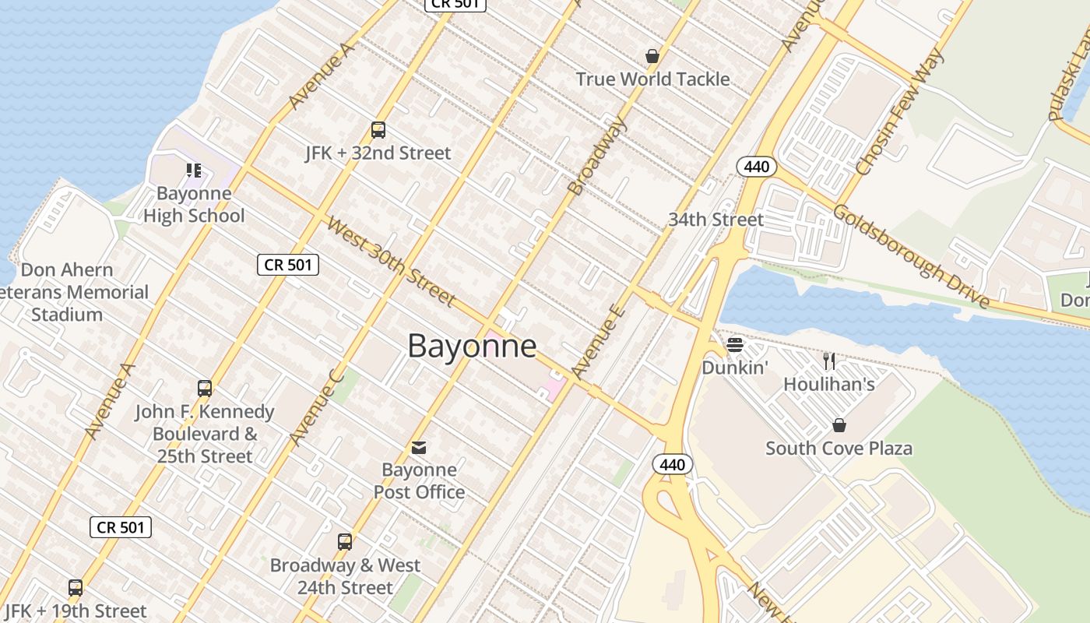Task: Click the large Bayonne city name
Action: click(x=472, y=346)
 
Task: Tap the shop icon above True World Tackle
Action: click(x=652, y=56)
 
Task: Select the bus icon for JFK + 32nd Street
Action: click(x=378, y=130)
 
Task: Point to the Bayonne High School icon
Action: click(x=194, y=170)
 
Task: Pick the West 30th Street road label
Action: click(x=390, y=262)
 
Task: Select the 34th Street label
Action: click(x=716, y=220)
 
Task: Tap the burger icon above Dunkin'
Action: click(x=735, y=344)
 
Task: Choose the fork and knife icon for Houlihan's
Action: click(x=829, y=361)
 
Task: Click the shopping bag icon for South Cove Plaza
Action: click(x=839, y=425)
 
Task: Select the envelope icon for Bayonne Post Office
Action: click(x=419, y=447)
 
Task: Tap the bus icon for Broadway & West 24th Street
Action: click(x=345, y=542)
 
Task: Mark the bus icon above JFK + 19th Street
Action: click(x=76, y=588)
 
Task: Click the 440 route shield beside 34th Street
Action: click(x=755, y=166)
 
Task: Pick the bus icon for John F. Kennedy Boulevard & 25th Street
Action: click(x=205, y=389)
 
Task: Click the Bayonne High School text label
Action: click(x=194, y=205)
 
